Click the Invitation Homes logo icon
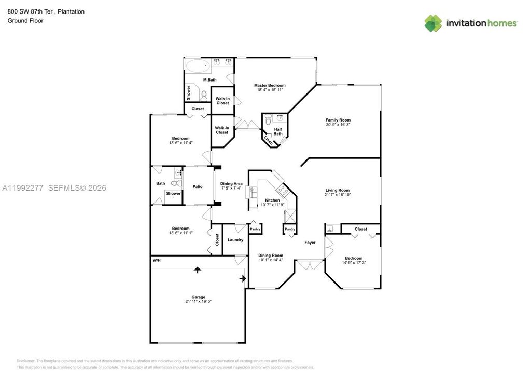(x=434, y=23)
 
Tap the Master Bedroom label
(x=269, y=85)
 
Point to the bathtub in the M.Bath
(x=197, y=66)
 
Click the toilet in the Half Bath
(x=268, y=121)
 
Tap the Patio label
(x=198, y=187)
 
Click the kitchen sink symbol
(x=253, y=192)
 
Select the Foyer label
(x=310, y=243)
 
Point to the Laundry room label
(x=235, y=240)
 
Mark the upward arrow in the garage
(x=197, y=270)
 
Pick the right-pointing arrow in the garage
(x=242, y=279)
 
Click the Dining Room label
(x=271, y=255)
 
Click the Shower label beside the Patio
(x=173, y=194)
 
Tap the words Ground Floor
(x=25, y=21)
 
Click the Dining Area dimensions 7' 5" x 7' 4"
(x=231, y=189)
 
